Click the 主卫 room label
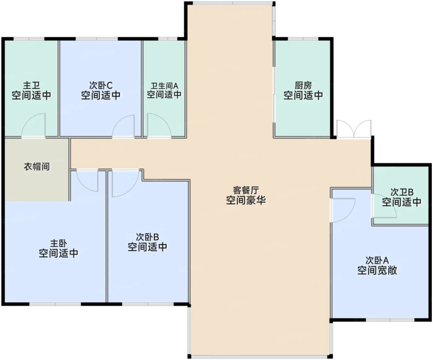[x=31, y=85]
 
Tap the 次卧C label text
[x=101, y=85]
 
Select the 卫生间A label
[x=164, y=85]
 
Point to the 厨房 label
[x=303, y=85]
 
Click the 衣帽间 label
[x=37, y=167]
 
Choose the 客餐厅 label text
[x=246, y=190]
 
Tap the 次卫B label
[x=402, y=192]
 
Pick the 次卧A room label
[x=377, y=260]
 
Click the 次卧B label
[x=148, y=237]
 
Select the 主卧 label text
[x=59, y=243]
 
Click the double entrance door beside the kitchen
[x=354, y=129]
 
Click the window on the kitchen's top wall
[x=303, y=39]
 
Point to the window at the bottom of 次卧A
[x=390, y=320]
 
